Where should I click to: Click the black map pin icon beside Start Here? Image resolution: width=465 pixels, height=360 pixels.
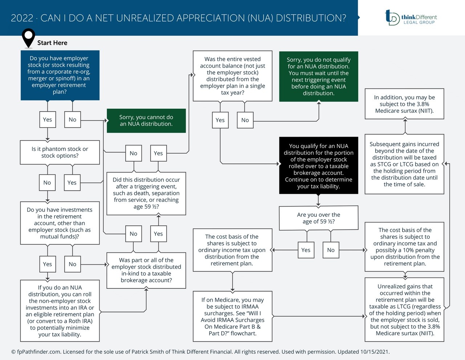click(x=28, y=38)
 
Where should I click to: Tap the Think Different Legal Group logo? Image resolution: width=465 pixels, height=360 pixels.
click(x=411, y=17)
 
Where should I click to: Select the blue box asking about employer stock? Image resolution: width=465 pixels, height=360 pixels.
click(x=60, y=75)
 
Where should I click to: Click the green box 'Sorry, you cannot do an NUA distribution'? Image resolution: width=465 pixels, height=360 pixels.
click(x=146, y=121)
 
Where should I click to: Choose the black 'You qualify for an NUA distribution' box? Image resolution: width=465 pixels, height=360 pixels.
click(x=319, y=166)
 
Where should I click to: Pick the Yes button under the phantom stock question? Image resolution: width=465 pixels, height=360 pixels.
click(x=72, y=183)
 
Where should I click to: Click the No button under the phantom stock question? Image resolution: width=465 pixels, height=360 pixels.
click(x=47, y=183)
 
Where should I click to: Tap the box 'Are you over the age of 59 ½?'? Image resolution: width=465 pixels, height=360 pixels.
click(x=319, y=218)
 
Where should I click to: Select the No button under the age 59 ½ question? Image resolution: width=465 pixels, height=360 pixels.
click(x=331, y=250)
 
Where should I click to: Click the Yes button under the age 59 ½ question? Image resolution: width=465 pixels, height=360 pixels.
click(x=306, y=250)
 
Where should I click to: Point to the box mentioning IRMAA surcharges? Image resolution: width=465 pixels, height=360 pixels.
click(x=232, y=316)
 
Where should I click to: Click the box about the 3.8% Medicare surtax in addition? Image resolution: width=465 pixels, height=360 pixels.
click(x=404, y=104)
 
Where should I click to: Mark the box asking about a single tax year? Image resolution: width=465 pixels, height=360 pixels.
click(x=232, y=76)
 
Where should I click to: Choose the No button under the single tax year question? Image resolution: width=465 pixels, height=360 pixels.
click(x=245, y=120)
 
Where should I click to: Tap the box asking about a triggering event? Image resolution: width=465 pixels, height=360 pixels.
click(x=146, y=193)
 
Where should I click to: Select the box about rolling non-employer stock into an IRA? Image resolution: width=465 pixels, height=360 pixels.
click(x=60, y=311)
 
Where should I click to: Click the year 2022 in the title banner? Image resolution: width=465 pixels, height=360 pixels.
click(x=22, y=18)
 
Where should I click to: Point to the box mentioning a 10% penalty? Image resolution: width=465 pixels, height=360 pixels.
click(x=405, y=247)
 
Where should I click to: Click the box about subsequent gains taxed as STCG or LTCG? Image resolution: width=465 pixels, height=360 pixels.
click(x=404, y=164)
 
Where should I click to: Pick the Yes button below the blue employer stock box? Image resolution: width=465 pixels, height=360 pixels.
click(x=48, y=119)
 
